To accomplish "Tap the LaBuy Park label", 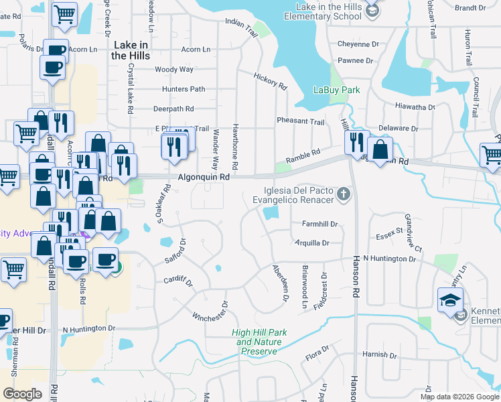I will [x=337, y=90].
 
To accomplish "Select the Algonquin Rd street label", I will [x=204, y=177].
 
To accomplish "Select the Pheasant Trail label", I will [x=301, y=122].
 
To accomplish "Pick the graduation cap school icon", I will [x=451, y=299].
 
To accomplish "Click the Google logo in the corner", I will [x=22, y=394].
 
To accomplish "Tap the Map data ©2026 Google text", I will [x=460, y=397].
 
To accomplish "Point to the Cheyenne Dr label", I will [x=358, y=44].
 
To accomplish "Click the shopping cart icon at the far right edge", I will [x=492, y=154].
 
